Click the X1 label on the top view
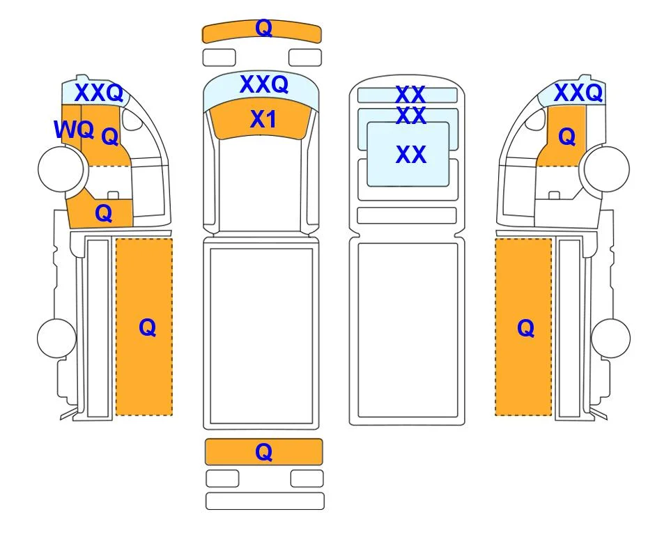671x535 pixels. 263,119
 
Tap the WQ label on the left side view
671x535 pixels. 74,129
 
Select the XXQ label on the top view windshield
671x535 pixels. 263,84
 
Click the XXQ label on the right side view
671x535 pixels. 578,93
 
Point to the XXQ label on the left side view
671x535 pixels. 99,93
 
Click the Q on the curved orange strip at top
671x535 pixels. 263,29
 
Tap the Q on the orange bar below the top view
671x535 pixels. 263,452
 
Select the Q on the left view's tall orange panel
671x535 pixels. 148,328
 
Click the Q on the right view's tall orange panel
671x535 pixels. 526,328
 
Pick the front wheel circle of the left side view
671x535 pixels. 61,169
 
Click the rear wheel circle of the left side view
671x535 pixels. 57,338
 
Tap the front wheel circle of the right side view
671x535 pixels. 606,169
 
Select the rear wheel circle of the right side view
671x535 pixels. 610,338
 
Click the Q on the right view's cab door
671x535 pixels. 567,137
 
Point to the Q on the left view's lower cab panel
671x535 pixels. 104,212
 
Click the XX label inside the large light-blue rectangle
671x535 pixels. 411,155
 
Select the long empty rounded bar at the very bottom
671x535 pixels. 265,501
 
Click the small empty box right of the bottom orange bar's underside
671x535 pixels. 307,479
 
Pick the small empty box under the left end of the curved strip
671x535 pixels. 219,58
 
